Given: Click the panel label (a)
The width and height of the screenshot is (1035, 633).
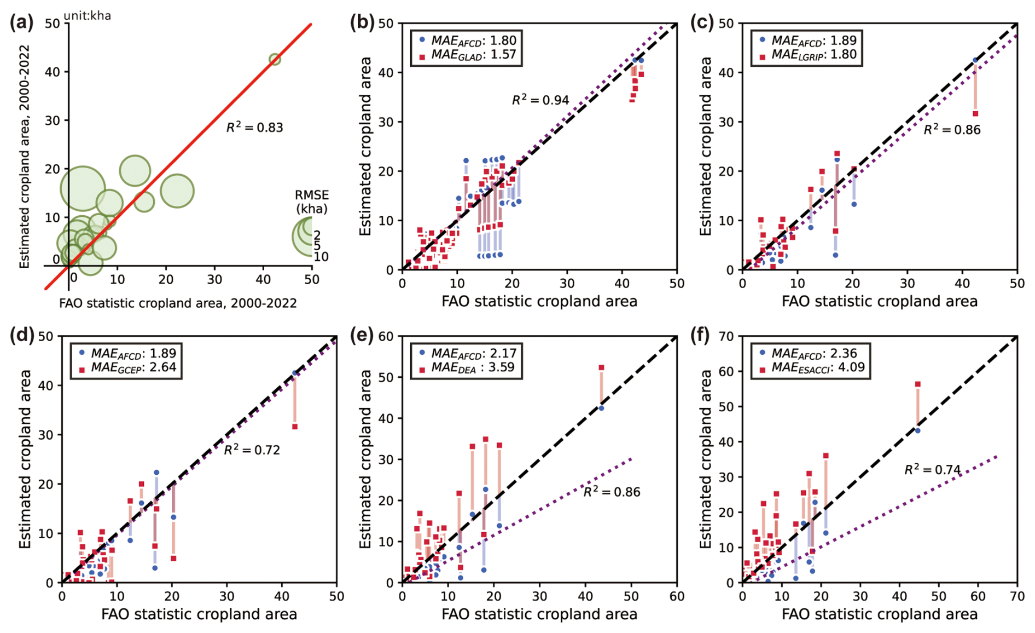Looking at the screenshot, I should (22, 23).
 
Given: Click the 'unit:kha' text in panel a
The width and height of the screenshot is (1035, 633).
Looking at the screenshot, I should (88, 15).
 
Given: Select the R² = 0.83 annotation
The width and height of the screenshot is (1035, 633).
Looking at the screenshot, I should (254, 128).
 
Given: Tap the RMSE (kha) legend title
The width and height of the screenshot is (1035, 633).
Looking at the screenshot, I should (312, 202).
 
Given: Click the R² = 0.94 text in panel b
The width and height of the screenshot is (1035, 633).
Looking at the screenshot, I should (540, 100).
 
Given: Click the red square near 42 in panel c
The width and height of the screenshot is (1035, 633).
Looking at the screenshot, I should (975, 114).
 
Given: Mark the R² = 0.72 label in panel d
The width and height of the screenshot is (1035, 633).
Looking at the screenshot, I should (252, 450).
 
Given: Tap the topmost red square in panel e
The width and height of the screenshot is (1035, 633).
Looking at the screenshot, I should (601, 368).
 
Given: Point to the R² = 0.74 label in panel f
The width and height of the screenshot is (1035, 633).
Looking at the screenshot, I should (932, 470).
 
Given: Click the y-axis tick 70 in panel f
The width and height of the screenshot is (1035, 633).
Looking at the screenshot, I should (728, 336).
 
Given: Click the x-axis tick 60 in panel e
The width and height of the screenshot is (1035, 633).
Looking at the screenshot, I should (677, 596).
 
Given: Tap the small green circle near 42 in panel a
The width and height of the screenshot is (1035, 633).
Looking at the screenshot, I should (275, 60).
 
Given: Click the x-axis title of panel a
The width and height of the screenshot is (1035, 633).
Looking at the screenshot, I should (178, 303).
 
